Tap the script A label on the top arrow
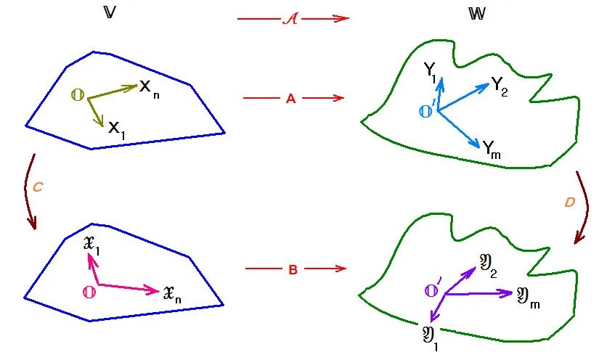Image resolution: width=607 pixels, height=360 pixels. click(290, 19)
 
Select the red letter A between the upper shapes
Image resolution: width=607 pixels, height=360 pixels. click(290, 99)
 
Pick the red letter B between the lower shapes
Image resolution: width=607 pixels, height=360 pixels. click(293, 270)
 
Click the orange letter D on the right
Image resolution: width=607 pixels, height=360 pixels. click(570, 202)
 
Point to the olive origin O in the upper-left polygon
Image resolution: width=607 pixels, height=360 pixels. click(76, 95)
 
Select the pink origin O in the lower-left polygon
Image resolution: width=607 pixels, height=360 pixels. click(89, 292)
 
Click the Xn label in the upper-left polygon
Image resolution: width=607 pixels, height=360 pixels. click(149, 89)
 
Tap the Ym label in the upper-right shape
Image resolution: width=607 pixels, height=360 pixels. click(492, 150)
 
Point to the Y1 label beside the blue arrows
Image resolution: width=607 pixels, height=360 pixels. click(429, 71)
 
